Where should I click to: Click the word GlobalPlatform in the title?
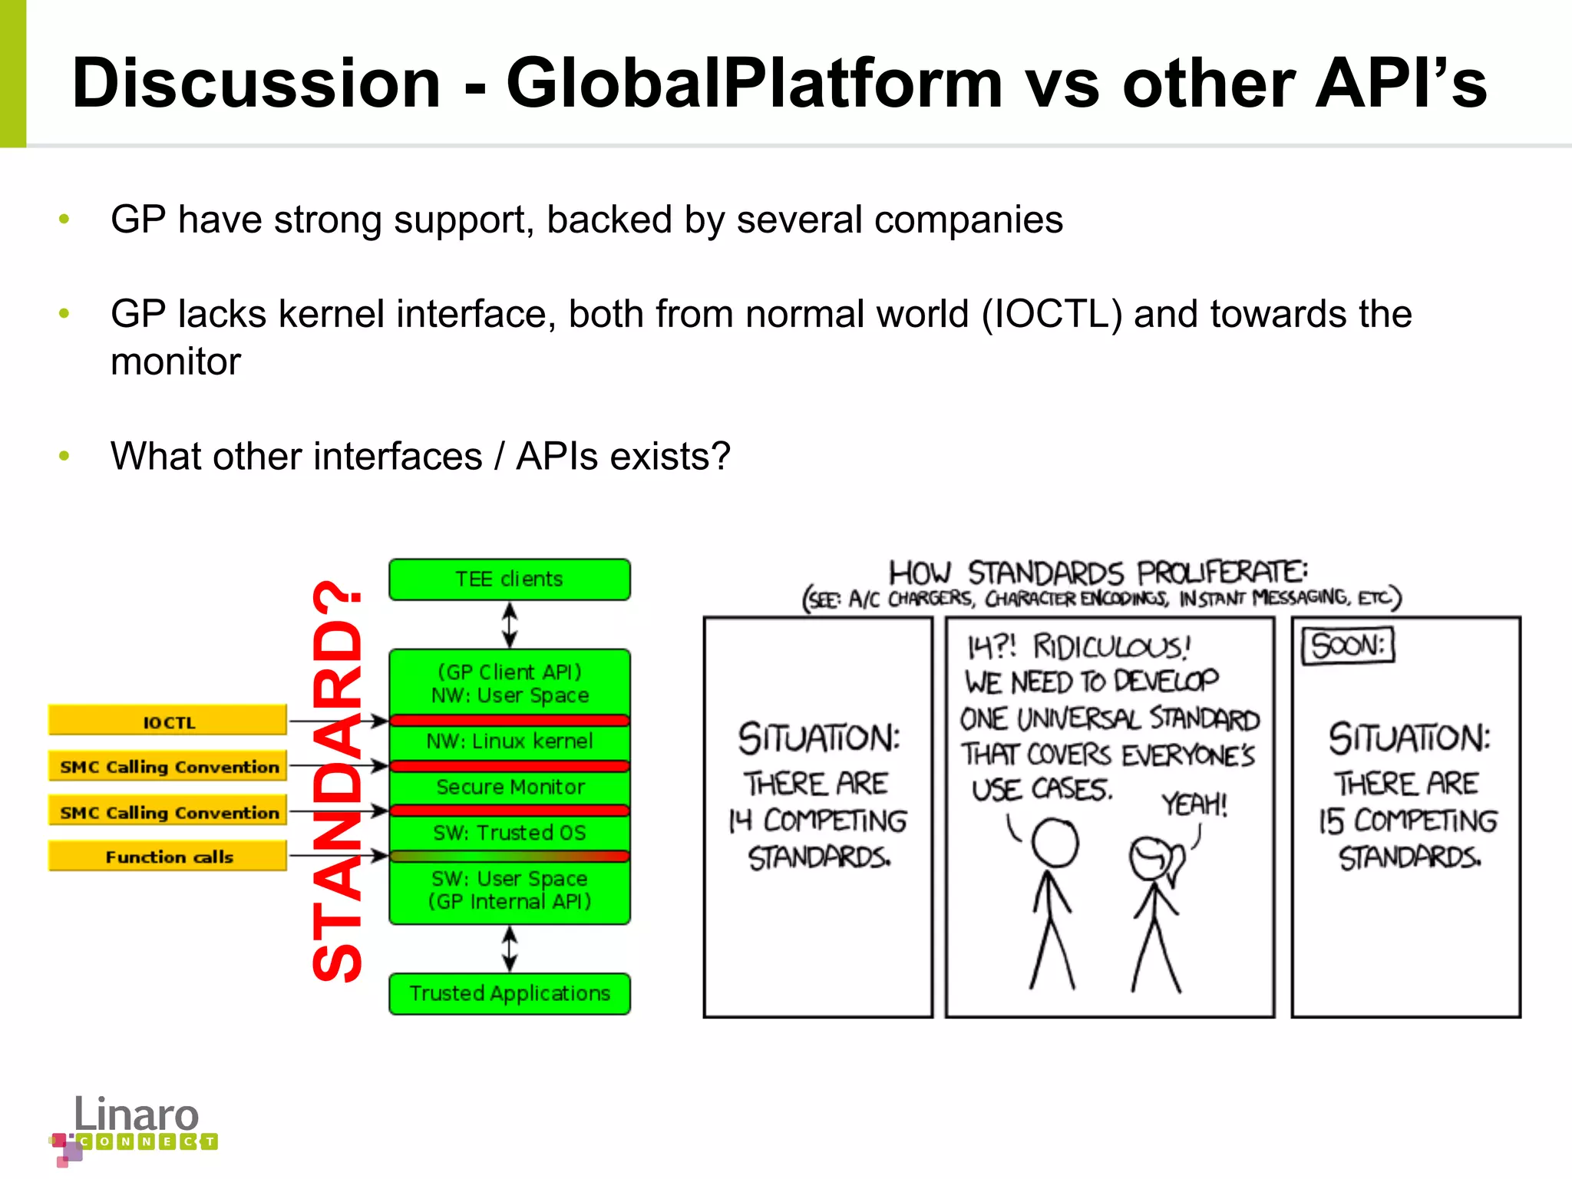click(x=754, y=83)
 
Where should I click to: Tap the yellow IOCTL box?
click(x=167, y=722)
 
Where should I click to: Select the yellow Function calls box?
click(x=167, y=857)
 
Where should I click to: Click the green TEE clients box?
click(x=509, y=580)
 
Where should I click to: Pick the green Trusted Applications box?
click(x=509, y=993)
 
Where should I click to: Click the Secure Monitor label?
click(x=510, y=787)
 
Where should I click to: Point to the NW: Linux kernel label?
click(x=510, y=741)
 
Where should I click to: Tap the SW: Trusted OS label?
click(x=510, y=833)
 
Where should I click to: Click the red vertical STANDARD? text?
click(x=338, y=781)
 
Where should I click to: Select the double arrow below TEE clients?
click(x=510, y=625)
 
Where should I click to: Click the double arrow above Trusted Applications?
click(x=510, y=949)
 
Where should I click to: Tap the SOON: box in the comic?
click(x=1348, y=646)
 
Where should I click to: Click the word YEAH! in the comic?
click(x=1194, y=804)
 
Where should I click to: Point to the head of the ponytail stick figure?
click(x=1151, y=858)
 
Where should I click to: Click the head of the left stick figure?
click(x=1055, y=843)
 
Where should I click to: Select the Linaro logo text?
click(x=137, y=1115)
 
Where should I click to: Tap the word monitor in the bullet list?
click(x=176, y=362)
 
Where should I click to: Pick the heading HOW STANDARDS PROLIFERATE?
click(x=1098, y=573)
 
